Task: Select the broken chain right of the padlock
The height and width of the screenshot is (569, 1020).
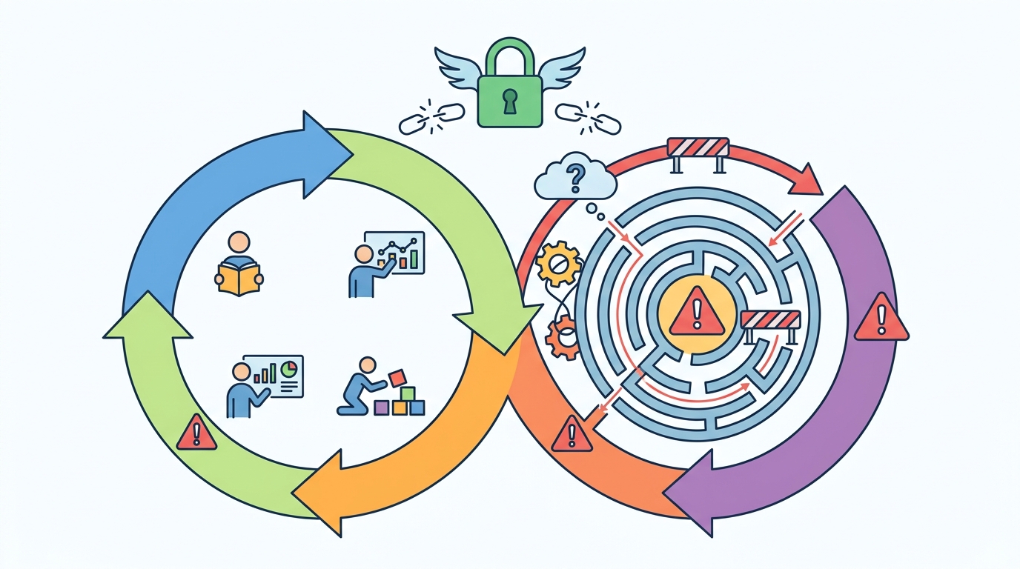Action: coord(588,118)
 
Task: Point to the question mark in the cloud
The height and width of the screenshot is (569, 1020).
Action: coord(574,177)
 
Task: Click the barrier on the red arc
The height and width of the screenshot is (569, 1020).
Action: coord(699,149)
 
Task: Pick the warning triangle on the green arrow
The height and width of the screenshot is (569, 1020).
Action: coord(196,434)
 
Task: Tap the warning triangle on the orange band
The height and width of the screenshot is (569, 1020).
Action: coord(571,434)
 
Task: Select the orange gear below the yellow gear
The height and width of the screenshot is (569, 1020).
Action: coord(563,338)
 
